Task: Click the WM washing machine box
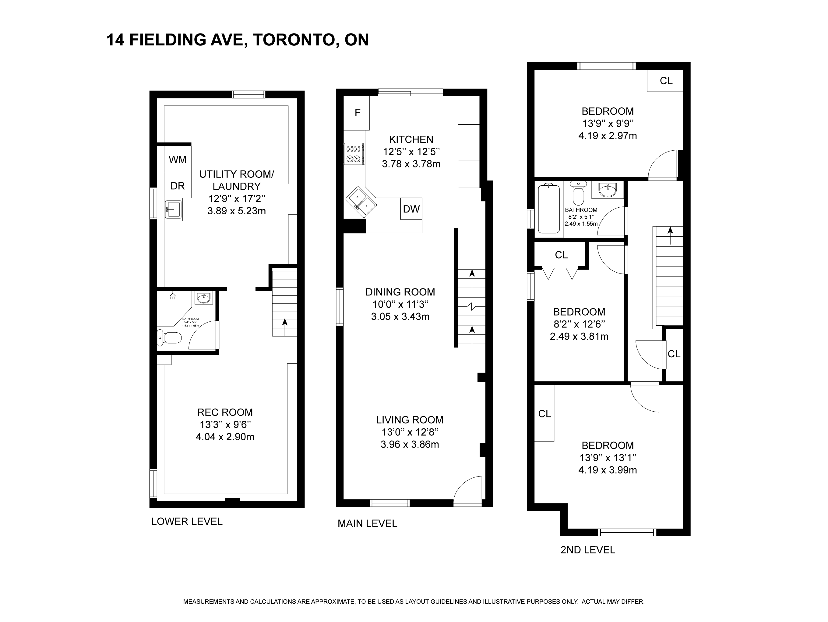tap(178, 159)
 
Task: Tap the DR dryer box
tap(178, 185)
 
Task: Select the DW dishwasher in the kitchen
tap(411, 209)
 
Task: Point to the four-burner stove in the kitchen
tap(354, 154)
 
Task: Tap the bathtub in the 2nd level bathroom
tap(549, 209)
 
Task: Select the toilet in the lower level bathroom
tap(169, 338)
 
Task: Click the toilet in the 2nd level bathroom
tap(579, 191)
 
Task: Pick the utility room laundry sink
tap(173, 210)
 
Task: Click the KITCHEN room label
tap(411, 139)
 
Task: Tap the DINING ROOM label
tap(400, 292)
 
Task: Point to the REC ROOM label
tap(225, 412)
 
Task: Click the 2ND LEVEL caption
tap(588, 550)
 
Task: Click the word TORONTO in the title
tap(294, 40)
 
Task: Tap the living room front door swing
tap(468, 491)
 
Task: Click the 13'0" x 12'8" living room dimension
tap(410, 432)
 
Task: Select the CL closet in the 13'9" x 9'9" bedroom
tap(666, 80)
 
